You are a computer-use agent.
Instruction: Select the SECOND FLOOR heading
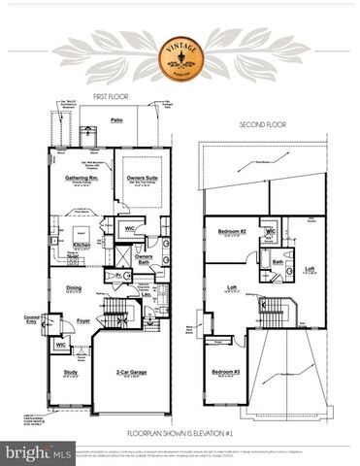click(262, 125)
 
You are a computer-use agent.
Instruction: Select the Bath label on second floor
click(278, 261)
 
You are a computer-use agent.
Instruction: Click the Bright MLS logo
click(39, 453)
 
